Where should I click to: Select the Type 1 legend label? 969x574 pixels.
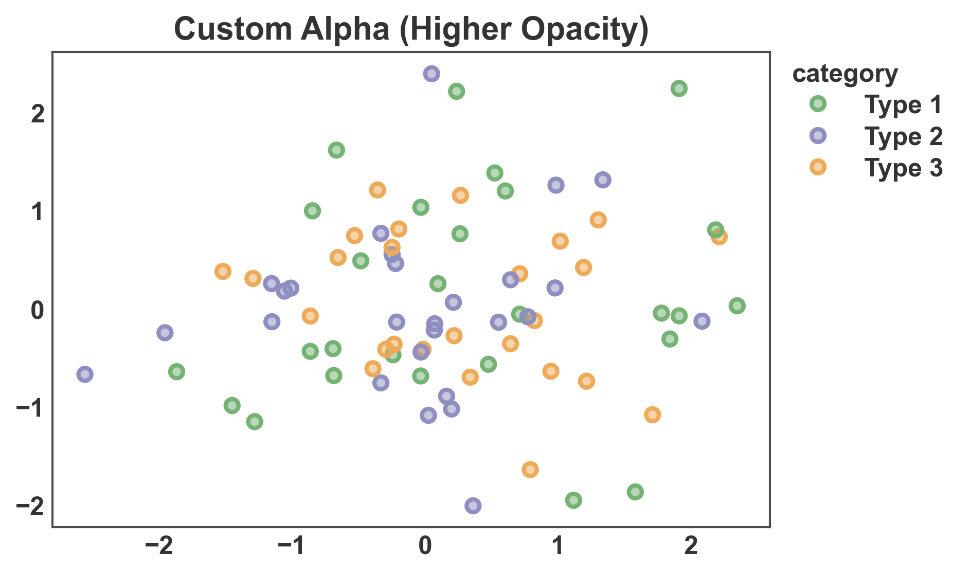point(903,104)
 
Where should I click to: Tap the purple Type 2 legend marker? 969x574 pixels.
point(817,136)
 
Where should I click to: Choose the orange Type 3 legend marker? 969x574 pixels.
point(817,167)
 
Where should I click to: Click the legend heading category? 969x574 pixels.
point(845,74)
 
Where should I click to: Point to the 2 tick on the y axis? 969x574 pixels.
point(38,114)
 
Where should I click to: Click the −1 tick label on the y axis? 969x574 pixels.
point(30,408)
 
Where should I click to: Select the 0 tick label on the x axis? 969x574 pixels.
point(425,546)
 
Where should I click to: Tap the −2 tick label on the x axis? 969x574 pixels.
point(159,546)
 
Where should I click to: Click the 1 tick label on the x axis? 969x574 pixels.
point(558,546)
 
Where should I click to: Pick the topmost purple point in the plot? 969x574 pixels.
point(432,74)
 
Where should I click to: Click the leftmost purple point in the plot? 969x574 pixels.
point(85,374)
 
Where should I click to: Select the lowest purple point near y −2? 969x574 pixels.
point(473,506)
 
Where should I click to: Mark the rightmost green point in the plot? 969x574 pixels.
point(737,306)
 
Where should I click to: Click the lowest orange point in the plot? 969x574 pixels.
point(530,469)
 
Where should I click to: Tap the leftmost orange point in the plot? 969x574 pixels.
point(223,271)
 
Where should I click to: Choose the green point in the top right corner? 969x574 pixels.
point(679,88)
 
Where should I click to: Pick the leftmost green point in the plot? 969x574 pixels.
point(176,371)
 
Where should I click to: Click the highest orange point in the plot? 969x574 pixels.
point(378,190)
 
